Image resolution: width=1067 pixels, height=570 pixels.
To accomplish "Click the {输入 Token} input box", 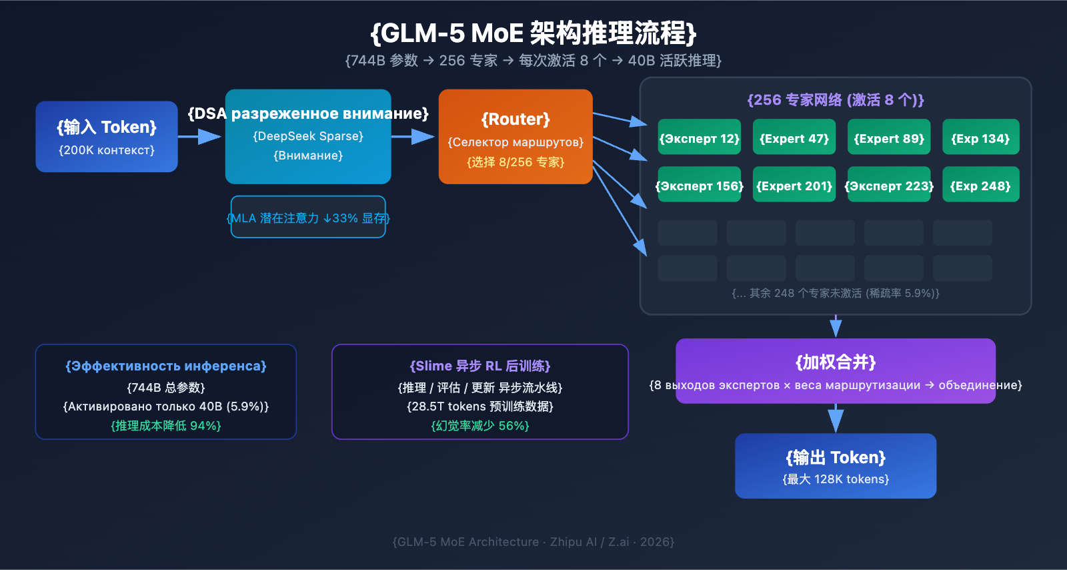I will pyautogui.click(x=107, y=137).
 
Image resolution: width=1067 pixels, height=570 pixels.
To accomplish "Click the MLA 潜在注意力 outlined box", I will pyautogui.click(x=308, y=217).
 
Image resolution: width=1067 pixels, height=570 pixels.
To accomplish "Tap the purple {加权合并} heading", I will pyautogui.click(x=836, y=362).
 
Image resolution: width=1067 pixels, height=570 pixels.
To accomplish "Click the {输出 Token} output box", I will pyautogui.click(x=836, y=466).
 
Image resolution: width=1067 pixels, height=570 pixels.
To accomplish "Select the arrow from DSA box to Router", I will pyautogui.click(x=413, y=137).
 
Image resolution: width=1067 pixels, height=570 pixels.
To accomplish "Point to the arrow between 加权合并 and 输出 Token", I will pyautogui.click(x=836, y=418).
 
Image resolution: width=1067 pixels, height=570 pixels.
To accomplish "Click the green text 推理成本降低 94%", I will pyautogui.click(x=166, y=426).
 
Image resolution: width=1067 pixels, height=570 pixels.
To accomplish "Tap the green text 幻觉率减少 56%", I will pyautogui.click(x=480, y=426).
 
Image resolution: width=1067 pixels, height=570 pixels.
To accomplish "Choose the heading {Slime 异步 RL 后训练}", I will pyautogui.click(x=480, y=366).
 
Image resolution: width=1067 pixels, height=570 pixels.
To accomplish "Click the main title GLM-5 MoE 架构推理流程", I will pyautogui.click(x=533, y=33).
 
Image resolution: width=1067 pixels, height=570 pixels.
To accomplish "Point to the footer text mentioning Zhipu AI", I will pyautogui.click(x=533, y=542).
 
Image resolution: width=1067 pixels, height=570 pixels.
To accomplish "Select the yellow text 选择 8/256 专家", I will pyautogui.click(x=515, y=162).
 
